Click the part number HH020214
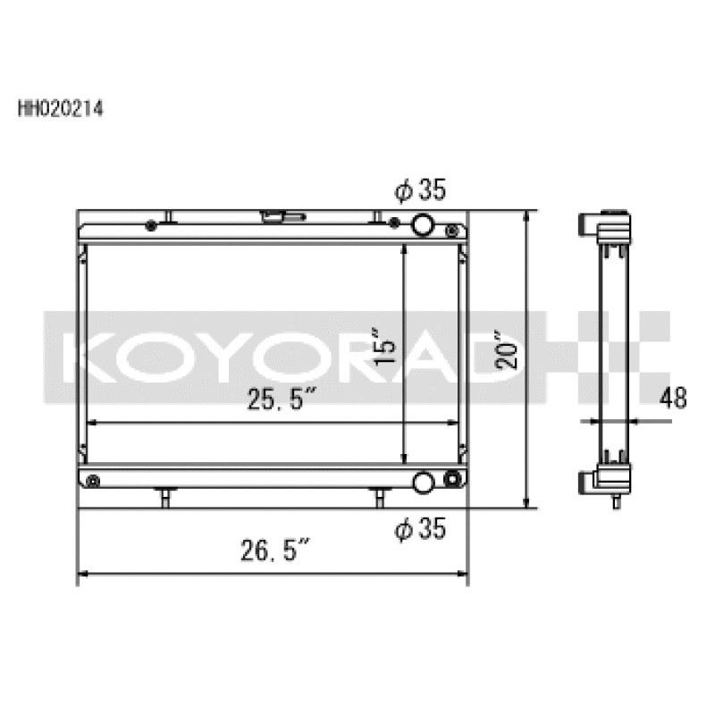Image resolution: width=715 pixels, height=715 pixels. coord(60,112)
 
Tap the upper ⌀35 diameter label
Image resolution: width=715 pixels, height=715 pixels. coord(419,190)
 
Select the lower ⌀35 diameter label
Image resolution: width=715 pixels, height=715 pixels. coord(419,529)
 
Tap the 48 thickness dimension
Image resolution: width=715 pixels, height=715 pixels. coord(674,398)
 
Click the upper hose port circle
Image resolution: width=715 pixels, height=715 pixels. coord(424,224)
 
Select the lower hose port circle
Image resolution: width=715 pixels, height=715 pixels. coord(424,482)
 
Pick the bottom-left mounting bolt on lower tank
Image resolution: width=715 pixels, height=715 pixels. coord(94,483)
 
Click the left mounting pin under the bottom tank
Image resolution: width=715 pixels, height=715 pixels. coord(164,496)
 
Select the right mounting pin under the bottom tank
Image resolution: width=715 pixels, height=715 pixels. coord(379,496)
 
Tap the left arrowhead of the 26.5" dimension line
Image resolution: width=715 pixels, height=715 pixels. coord(83,574)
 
